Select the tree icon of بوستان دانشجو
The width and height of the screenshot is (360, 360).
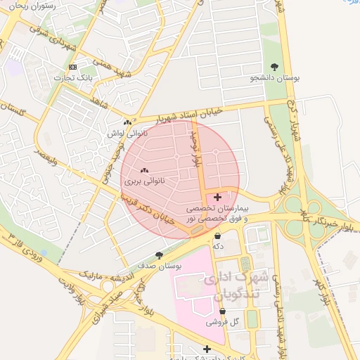274,67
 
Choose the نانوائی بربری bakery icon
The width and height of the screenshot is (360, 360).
145,169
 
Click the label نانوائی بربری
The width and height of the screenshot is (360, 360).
145,181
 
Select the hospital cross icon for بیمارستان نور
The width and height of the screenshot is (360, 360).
217,198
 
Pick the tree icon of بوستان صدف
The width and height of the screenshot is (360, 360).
159,255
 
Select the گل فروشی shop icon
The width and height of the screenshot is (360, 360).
222,311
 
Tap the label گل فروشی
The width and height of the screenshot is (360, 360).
221,323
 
